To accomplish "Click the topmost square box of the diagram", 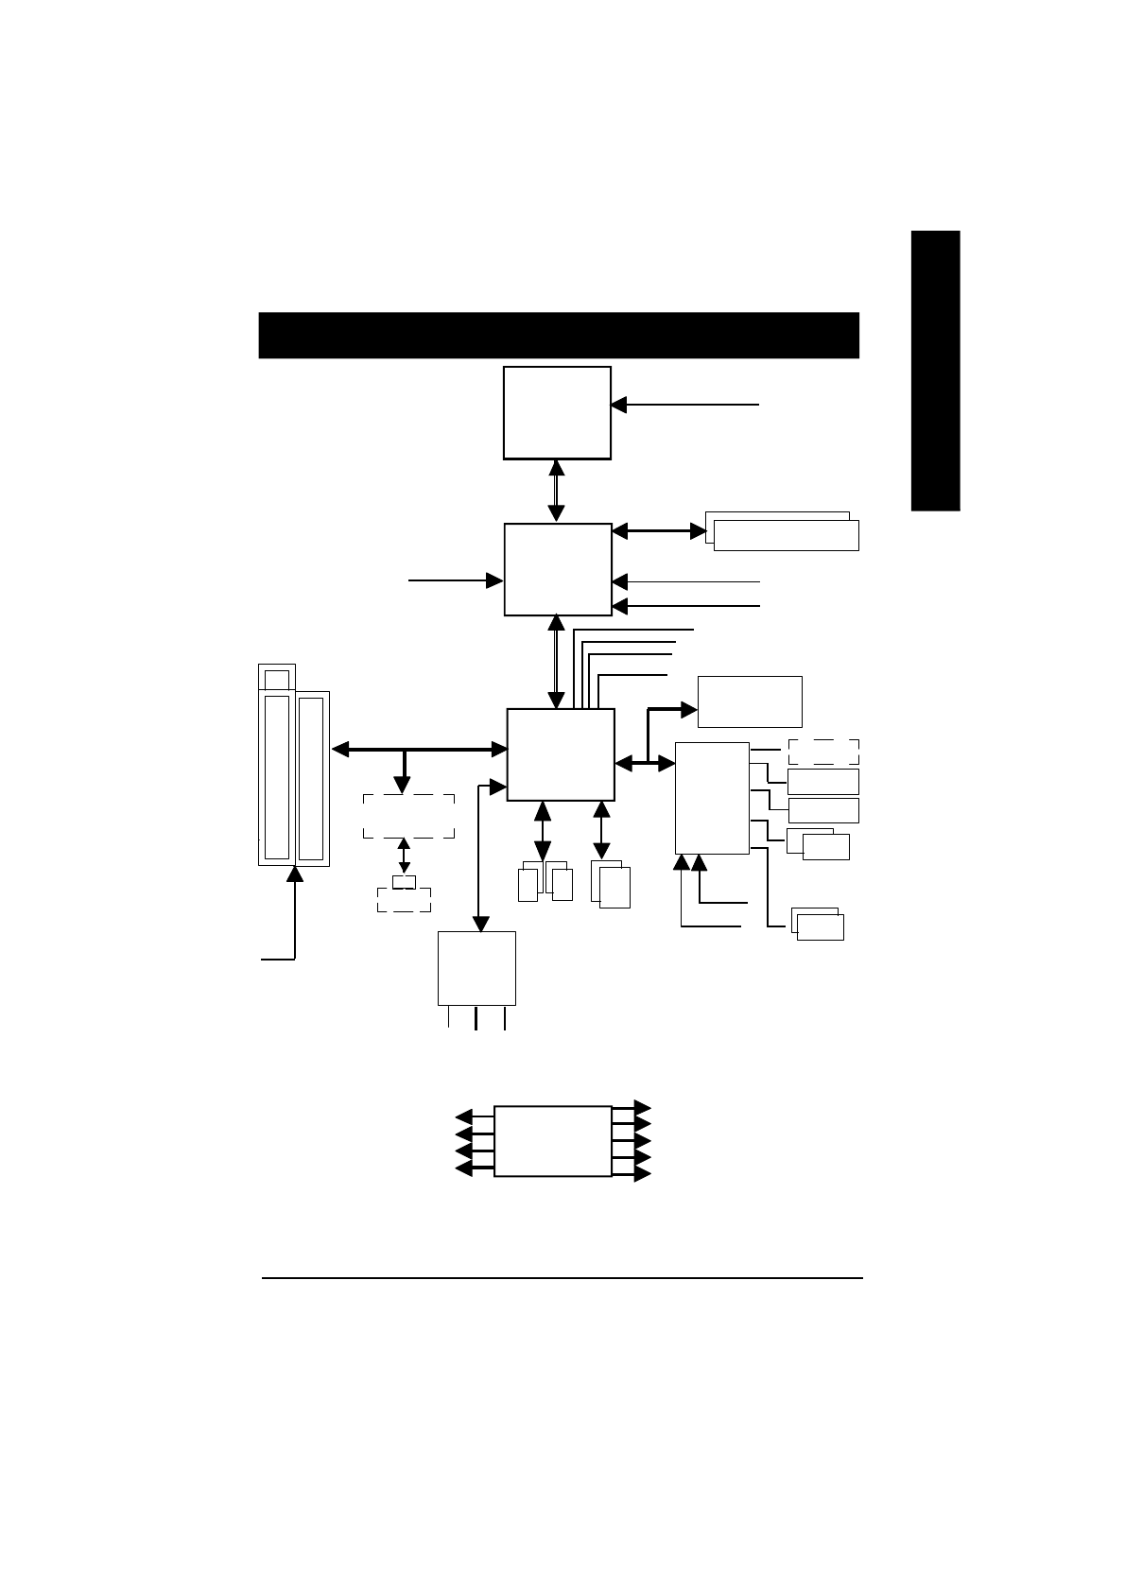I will [557, 412].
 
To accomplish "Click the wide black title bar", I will [558, 335].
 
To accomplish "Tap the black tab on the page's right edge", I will [935, 371].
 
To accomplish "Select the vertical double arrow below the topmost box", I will [557, 491].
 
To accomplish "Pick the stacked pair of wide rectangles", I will [783, 531].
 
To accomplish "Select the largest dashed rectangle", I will [408, 816].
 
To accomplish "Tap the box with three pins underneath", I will [476, 968].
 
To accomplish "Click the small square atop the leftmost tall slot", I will [277, 678].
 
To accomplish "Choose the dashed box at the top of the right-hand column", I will [822, 752].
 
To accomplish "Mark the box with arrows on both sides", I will [552, 1141].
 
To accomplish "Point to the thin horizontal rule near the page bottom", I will [562, 1280].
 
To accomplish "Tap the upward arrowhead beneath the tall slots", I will [296, 874].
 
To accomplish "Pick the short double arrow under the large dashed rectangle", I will [405, 855].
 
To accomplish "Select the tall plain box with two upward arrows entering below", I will [712, 798].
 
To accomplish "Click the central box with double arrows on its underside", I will [561, 754].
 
